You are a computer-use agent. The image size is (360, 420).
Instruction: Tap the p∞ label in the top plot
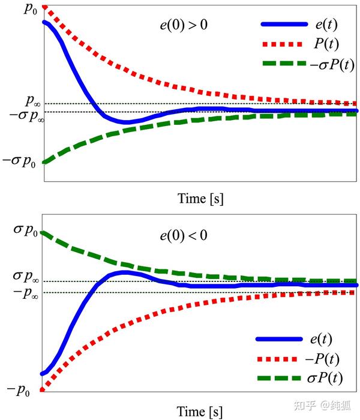coord(33,101)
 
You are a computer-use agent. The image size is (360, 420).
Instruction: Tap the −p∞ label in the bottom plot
coord(28,294)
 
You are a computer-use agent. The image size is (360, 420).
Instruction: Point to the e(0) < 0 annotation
coord(183,235)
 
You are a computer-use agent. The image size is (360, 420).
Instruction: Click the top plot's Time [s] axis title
coord(200,199)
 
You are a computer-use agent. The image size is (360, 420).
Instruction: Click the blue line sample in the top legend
coord(284,25)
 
